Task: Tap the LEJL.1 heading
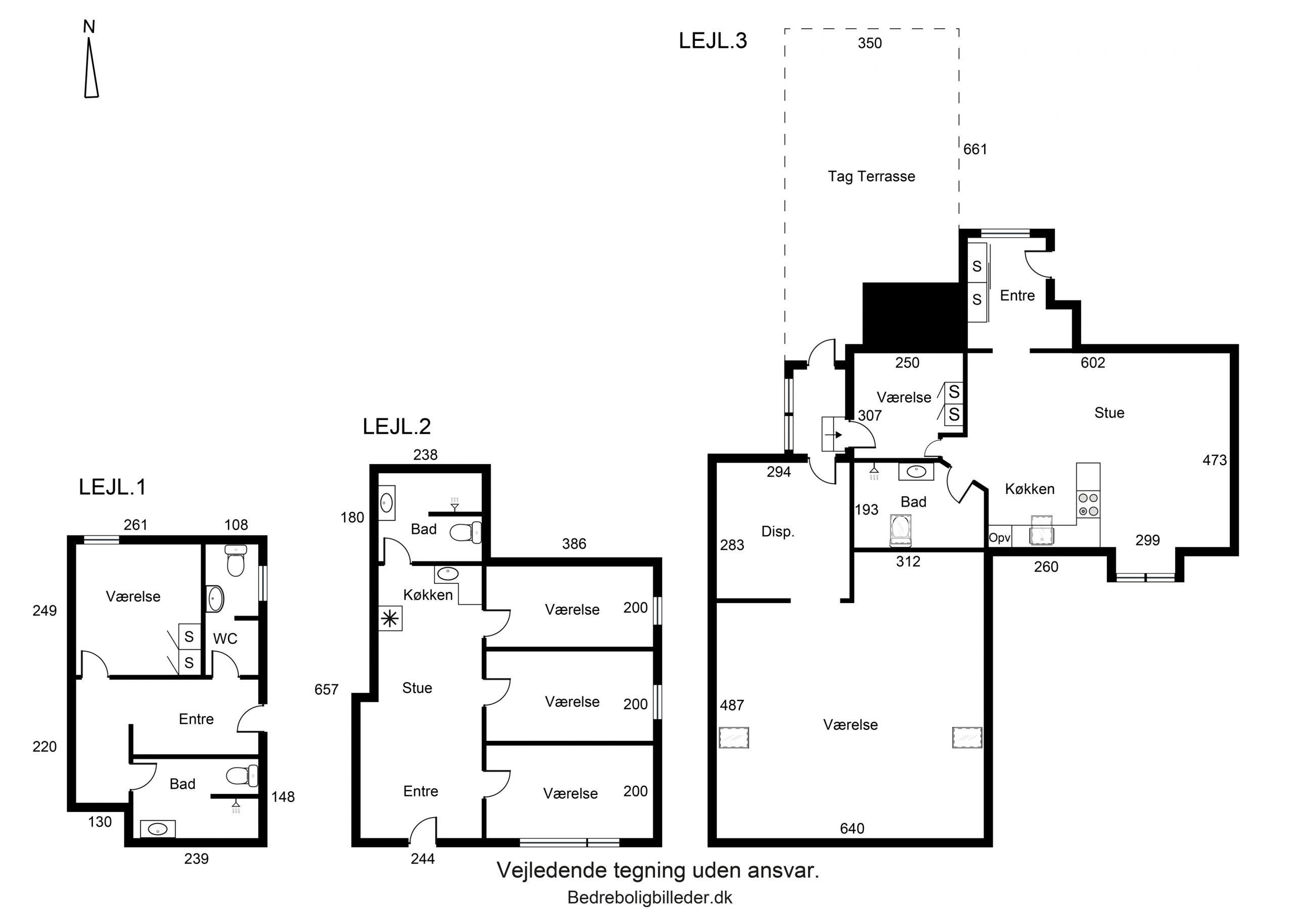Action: point(113,487)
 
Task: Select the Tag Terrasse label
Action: point(871,177)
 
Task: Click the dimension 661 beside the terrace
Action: point(975,149)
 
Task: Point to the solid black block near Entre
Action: point(912,317)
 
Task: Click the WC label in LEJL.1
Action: point(225,639)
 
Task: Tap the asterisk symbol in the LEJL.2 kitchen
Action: point(390,619)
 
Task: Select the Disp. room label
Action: point(778,532)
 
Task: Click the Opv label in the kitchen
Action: point(1000,538)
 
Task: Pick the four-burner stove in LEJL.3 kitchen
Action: point(1088,504)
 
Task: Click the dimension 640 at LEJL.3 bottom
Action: point(852,828)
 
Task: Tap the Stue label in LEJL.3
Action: point(1109,413)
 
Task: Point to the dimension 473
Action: point(1215,460)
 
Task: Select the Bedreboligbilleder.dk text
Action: point(650,898)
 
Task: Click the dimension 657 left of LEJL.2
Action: point(327,689)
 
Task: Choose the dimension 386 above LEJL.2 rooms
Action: point(574,543)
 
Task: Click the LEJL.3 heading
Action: point(713,40)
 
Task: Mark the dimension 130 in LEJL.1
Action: point(100,822)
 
